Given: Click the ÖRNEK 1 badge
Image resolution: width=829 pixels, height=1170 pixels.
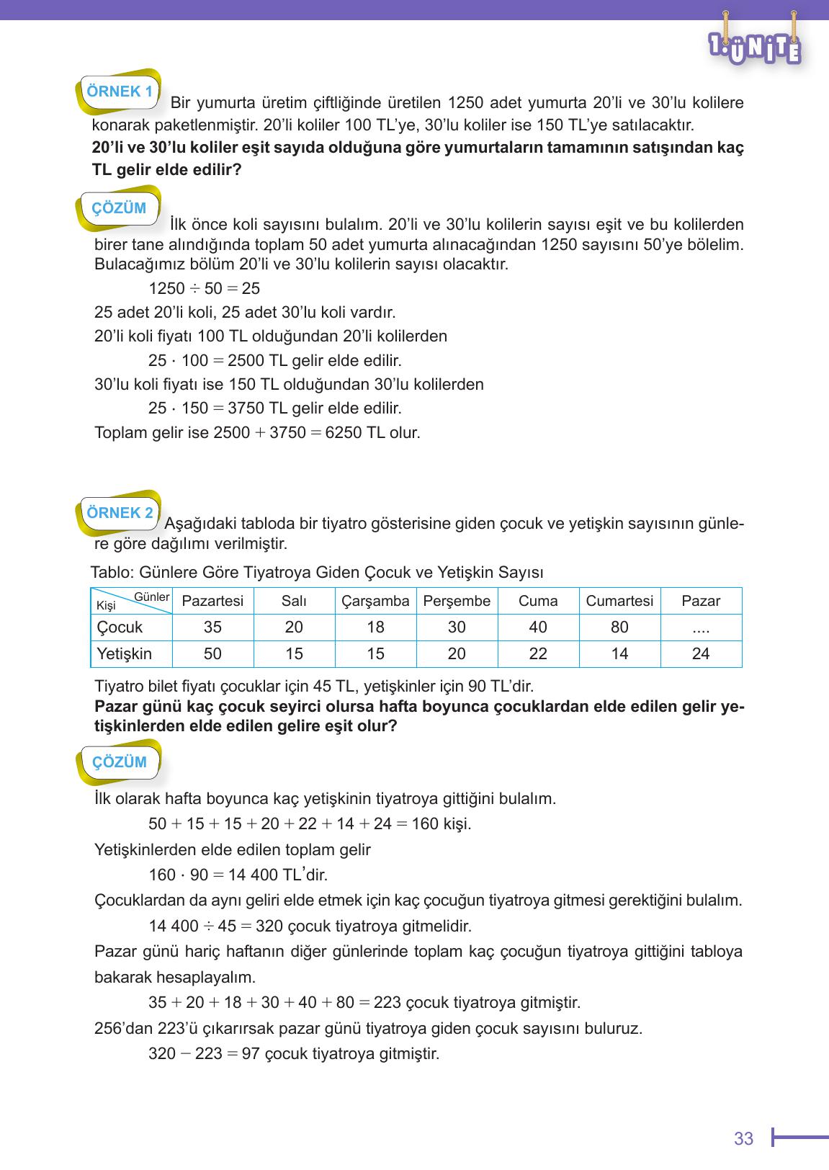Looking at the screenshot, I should [119, 91].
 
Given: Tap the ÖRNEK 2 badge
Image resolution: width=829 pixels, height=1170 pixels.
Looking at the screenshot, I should [120, 513].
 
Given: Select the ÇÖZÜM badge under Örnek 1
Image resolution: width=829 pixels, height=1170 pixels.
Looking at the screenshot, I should [119, 208].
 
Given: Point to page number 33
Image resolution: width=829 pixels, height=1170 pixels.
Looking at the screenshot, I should [743, 1138].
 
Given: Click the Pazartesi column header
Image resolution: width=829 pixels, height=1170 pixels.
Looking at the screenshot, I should [212, 601].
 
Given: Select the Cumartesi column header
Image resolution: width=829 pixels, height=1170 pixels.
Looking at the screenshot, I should [619, 601].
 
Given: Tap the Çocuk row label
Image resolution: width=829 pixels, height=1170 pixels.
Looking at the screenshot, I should [120, 627].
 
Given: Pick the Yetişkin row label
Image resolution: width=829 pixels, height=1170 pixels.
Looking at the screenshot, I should [125, 653].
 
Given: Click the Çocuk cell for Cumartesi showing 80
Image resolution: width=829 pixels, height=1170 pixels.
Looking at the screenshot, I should [619, 627].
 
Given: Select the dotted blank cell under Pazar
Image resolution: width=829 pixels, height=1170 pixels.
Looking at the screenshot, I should [701, 628].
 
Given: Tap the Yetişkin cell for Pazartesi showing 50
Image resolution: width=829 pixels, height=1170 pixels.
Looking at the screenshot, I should [212, 653].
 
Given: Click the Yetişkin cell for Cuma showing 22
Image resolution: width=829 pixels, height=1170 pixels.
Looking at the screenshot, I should [538, 653].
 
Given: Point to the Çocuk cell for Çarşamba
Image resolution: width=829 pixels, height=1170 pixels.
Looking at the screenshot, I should [375, 627].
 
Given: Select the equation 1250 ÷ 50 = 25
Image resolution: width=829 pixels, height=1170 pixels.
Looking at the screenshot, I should [204, 289].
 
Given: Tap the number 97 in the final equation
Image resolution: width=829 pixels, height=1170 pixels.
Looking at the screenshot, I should [251, 1053].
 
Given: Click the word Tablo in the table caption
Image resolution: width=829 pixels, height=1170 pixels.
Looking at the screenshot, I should [111, 572].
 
